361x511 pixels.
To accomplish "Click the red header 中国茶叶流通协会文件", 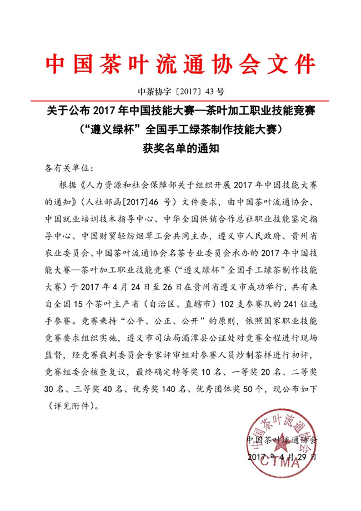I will (180, 63).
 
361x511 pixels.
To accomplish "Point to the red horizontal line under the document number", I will (180, 100).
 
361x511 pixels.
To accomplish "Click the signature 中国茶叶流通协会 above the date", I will (282, 440).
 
